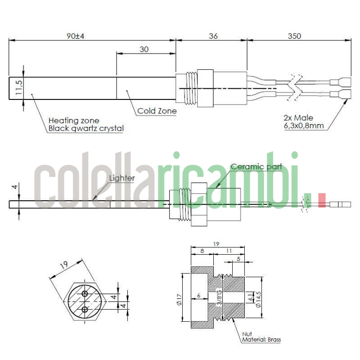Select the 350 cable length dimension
click(294, 36)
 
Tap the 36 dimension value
click(213, 36)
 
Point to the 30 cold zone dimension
click(144, 49)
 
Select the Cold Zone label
click(157, 111)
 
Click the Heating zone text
click(74, 121)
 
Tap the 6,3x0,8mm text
click(303, 126)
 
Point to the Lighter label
click(122, 178)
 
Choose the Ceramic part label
click(256, 166)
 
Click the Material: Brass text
click(261, 340)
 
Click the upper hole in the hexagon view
click(85, 294)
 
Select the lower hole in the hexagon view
click(85, 309)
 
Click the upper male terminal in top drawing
click(340, 82)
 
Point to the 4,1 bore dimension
click(250, 297)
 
